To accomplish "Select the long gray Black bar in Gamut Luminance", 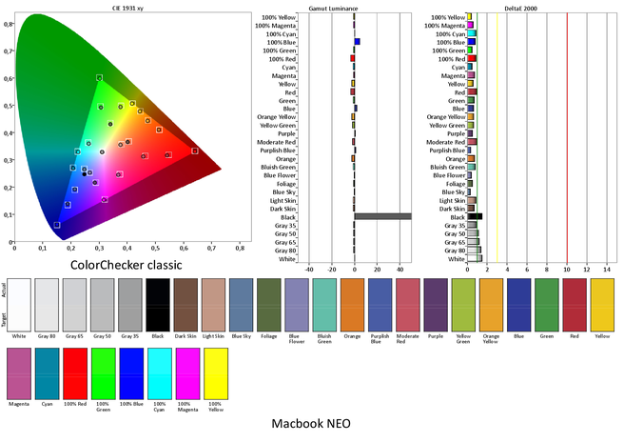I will tap(382, 216).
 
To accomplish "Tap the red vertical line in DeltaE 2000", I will tap(567, 133).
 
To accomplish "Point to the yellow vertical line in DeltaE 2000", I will tap(497, 133).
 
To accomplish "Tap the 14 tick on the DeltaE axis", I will tap(607, 270).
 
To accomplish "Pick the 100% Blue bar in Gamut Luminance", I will tap(357, 42).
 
